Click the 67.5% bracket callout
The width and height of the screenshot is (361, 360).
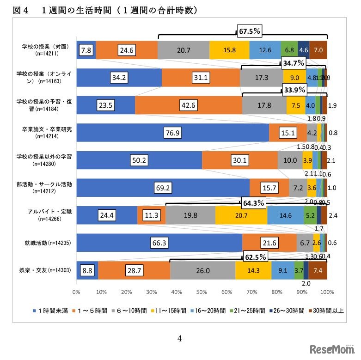point(250,31)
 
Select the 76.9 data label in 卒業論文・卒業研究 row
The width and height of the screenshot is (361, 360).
point(172,133)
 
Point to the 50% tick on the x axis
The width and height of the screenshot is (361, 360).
point(202,292)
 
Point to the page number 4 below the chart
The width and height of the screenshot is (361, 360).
point(180,338)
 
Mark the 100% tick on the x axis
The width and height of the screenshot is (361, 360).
point(327,292)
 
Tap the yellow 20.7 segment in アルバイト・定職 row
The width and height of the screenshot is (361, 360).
point(241,215)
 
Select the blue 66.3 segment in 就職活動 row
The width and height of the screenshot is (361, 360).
point(159,243)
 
